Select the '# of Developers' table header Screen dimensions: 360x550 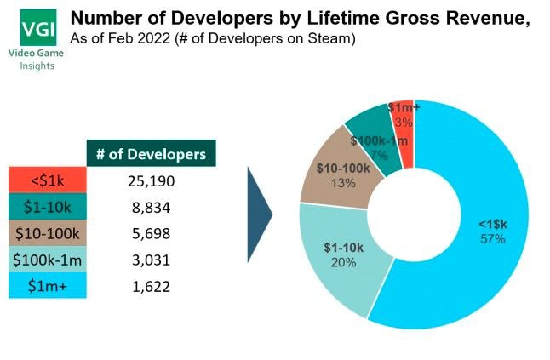152,154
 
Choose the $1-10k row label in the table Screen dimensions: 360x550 48,206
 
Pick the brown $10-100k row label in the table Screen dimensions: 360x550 48,232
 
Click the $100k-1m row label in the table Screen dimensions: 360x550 48,259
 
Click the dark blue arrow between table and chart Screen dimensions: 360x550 259,215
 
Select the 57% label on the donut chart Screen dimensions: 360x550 492,239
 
